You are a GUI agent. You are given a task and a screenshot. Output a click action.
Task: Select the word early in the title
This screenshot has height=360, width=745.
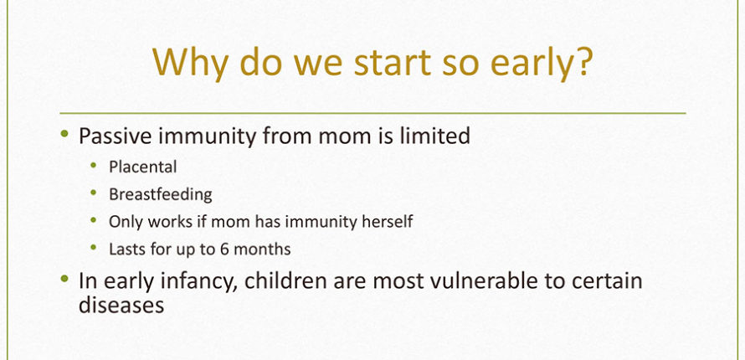[531, 64]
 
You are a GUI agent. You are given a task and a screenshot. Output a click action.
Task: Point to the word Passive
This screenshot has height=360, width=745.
[115, 136]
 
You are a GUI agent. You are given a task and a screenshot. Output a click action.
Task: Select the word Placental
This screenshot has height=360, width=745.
[143, 167]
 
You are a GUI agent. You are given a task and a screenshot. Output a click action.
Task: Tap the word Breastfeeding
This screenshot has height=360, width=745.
[161, 194]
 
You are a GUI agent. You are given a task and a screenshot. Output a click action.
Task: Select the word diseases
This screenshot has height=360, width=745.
[121, 305]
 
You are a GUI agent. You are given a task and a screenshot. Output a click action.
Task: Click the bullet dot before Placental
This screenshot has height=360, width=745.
[93, 165]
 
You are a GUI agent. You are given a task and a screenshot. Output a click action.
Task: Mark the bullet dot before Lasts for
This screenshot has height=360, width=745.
[93, 247]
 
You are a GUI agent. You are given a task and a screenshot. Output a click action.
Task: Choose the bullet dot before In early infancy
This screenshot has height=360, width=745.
[65, 278]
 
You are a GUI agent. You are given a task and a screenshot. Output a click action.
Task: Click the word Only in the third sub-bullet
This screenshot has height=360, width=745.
[122, 222]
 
